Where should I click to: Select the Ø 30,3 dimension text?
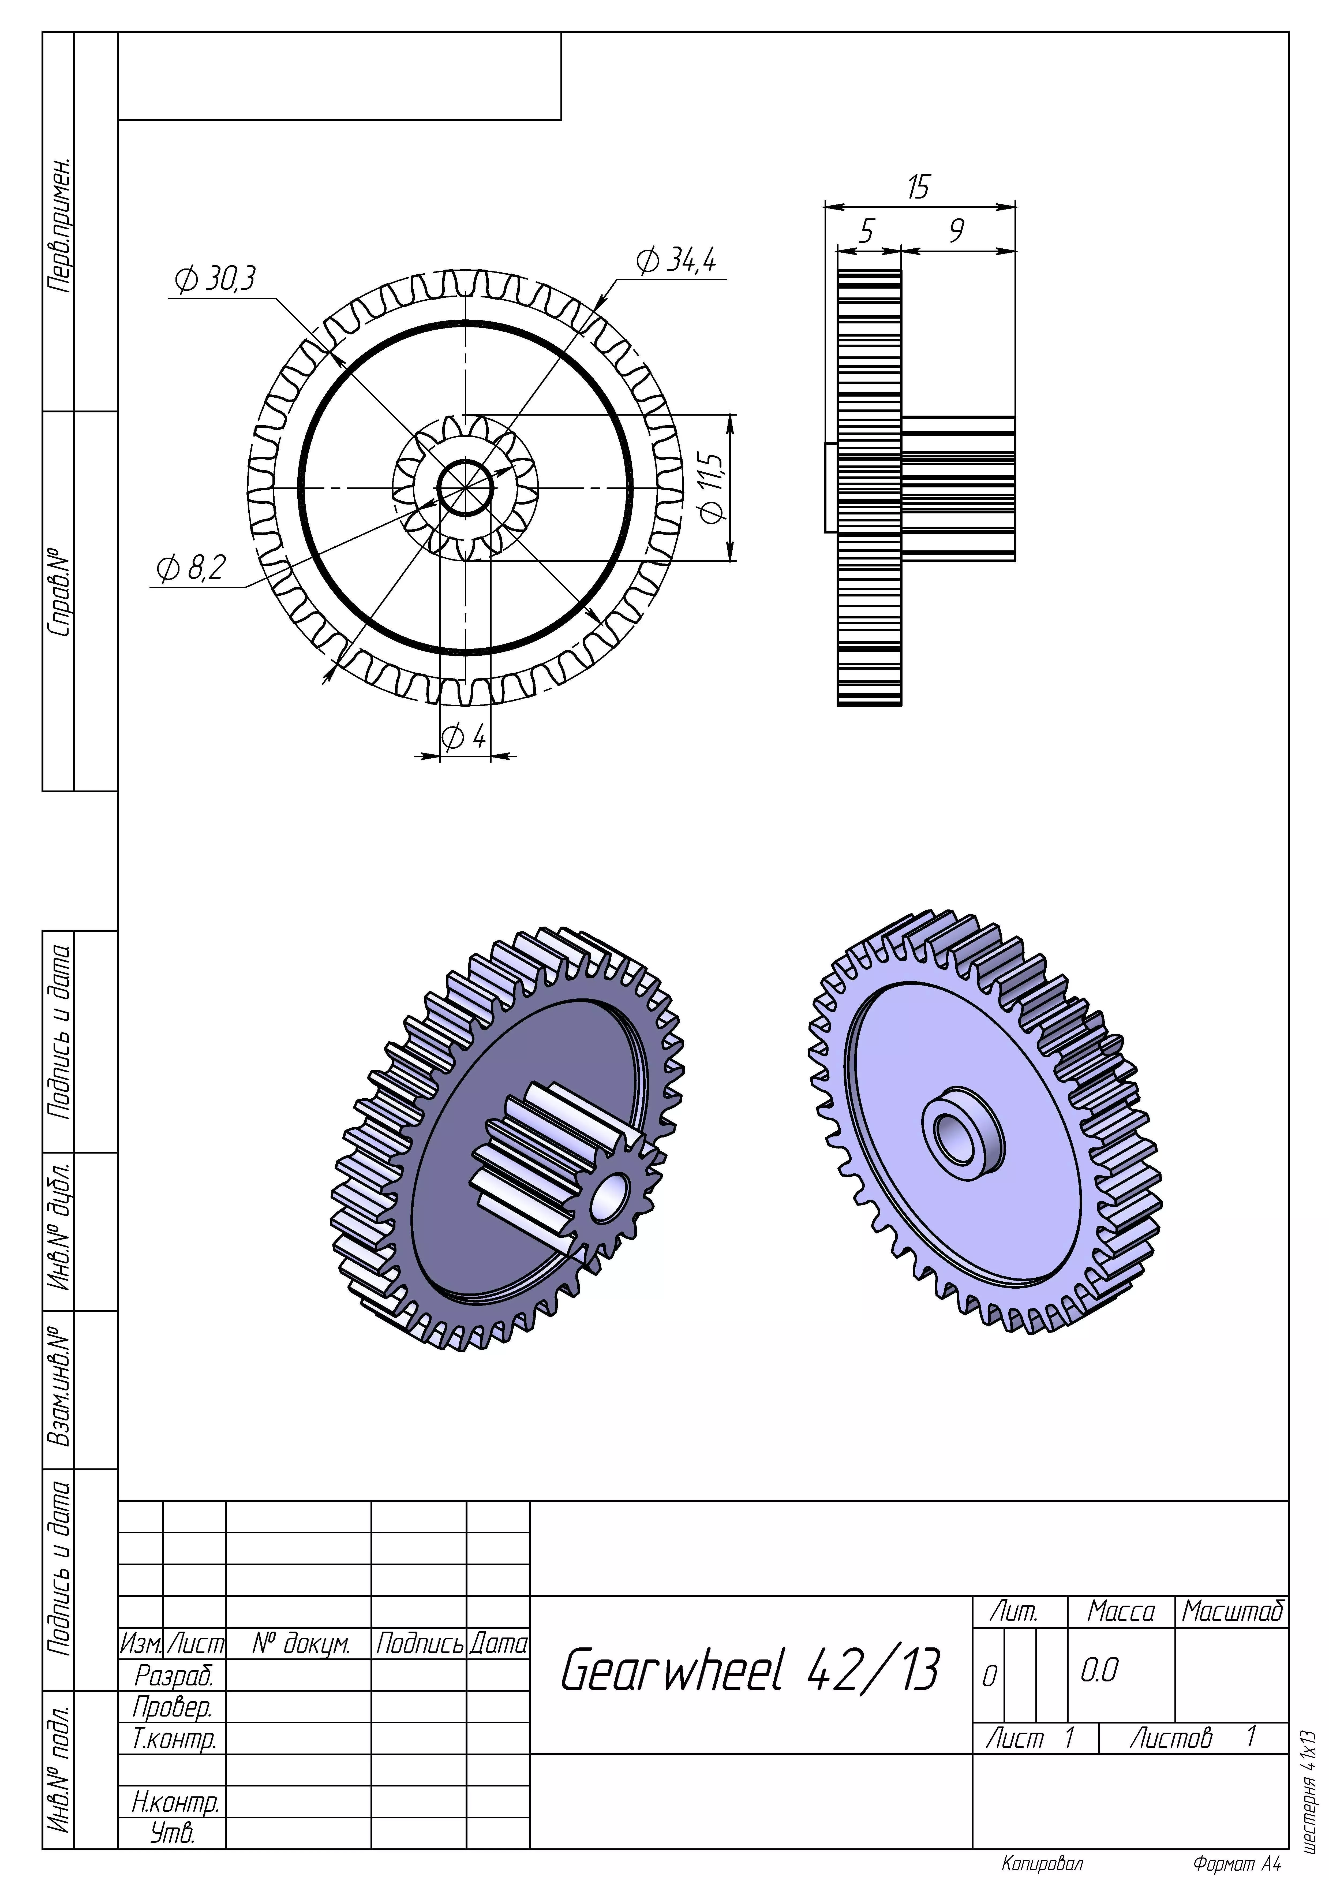(x=215, y=279)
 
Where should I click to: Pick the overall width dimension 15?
(x=918, y=188)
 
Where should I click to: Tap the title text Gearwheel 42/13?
(x=749, y=1670)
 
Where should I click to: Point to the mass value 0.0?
(x=1099, y=1670)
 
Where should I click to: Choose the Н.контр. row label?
(x=175, y=1801)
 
